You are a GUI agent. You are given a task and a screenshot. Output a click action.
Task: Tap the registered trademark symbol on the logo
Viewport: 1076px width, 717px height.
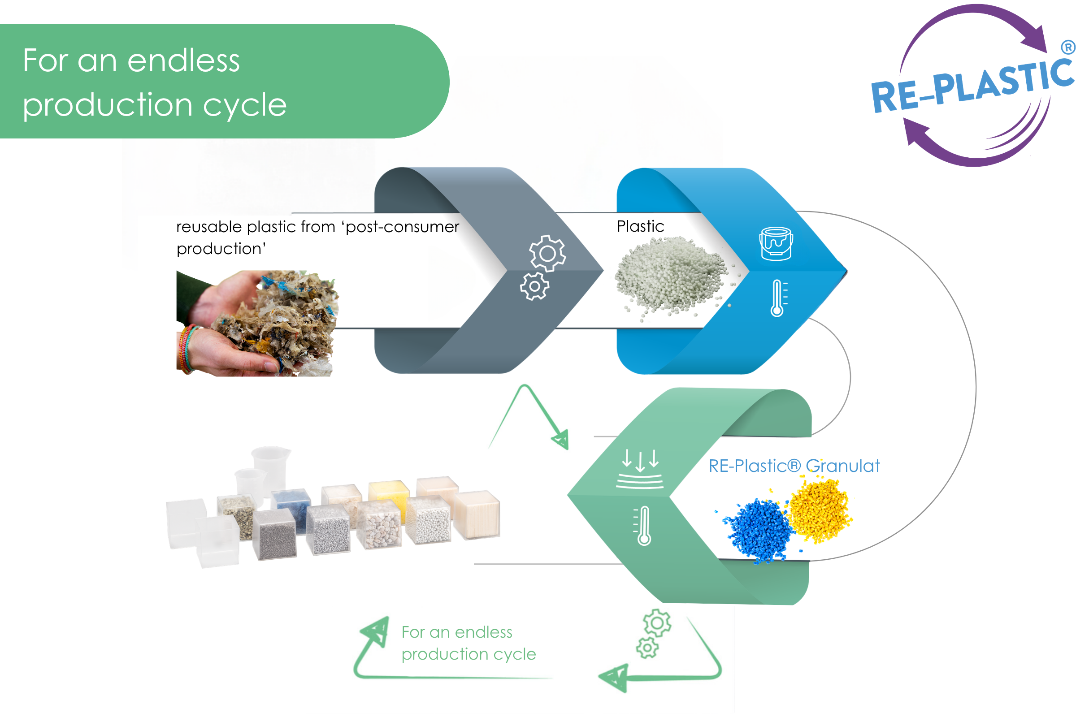(1068, 47)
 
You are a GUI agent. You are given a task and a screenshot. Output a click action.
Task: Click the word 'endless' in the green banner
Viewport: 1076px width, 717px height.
(183, 60)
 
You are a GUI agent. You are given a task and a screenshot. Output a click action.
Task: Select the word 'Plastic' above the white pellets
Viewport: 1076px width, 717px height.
(641, 226)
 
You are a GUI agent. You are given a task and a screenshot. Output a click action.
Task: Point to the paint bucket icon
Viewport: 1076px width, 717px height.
(776, 244)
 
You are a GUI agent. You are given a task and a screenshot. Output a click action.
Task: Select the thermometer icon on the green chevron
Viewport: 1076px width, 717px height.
(643, 525)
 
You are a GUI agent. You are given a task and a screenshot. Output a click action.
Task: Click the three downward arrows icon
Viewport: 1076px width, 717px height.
(640, 469)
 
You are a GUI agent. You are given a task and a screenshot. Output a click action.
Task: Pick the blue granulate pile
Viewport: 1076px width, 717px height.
(757, 531)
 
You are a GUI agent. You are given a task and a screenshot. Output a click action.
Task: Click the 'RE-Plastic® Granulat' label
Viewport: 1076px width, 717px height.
(794, 466)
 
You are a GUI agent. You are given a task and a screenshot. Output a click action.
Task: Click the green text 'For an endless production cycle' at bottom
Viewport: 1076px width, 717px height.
(469, 643)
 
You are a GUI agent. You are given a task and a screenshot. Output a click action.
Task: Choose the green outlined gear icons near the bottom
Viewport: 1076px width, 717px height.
(653, 633)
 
